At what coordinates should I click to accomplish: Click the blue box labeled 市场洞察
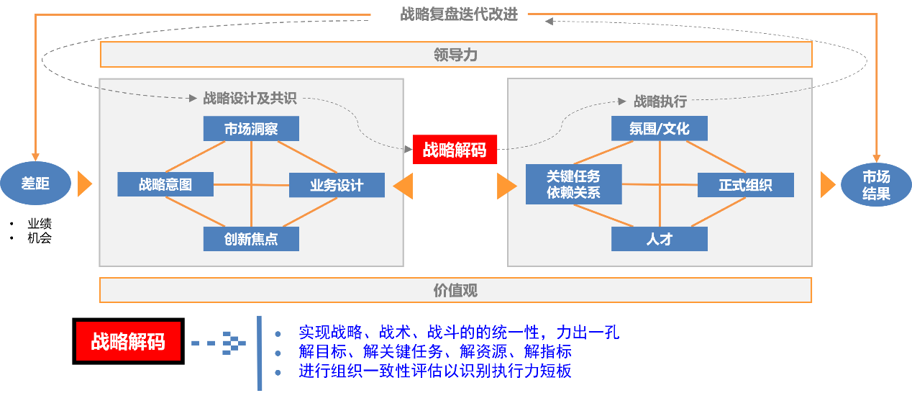click(x=251, y=129)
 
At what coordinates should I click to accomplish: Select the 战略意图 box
click(x=165, y=184)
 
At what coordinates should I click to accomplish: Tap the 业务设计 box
click(x=337, y=185)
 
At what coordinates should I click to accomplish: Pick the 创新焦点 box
click(x=251, y=239)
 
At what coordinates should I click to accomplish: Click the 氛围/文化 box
click(x=659, y=129)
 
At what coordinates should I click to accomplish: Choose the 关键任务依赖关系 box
click(x=573, y=184)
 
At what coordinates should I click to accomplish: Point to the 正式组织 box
click(x=745, y=185)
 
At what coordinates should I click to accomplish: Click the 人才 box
click(x=659, y=239)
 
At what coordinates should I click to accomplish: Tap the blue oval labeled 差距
click(x=35, y=184)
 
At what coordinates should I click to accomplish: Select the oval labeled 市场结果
click(x=876, y=185)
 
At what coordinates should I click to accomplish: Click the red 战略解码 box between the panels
click(x=455, y=150)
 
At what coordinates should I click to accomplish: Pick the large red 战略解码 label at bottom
click(x=127, y=341)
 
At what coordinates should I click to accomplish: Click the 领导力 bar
click(x=455, y=55)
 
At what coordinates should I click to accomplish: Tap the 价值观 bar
click(x=455, y=290)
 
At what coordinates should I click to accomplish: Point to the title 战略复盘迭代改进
click(x=459, y=14)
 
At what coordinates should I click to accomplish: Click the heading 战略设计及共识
click(x=250, y=99)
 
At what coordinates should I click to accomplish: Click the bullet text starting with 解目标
click(x=435, y=352)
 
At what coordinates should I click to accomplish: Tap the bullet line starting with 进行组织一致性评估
click(x=435, y=371)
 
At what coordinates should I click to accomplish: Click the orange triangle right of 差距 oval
click(x=84, y=184)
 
